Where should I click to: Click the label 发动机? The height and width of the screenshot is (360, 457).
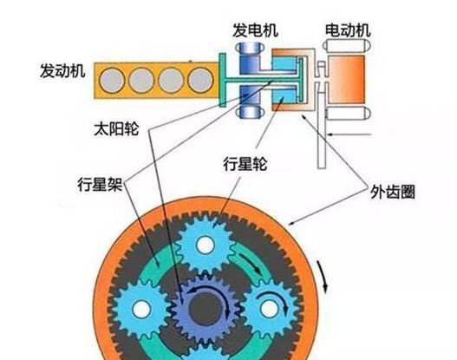coord(62,71)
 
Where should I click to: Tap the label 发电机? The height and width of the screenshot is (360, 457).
coord(255,30)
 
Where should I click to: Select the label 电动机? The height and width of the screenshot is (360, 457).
coord(348,30)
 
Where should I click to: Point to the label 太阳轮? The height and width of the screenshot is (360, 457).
coord(116,128)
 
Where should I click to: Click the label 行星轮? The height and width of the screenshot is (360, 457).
coord(245,164)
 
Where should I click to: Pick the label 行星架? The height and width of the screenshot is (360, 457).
coord(100,184)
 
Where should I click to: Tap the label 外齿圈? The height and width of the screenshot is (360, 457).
coord(392,192)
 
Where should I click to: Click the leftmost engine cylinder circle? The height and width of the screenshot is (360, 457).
coord(112,81)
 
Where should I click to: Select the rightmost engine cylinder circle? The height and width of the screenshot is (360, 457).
coord(201,80)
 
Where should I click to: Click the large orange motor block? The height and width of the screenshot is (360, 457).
coord(347,79)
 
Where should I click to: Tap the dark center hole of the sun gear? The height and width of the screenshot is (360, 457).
coord(204,309)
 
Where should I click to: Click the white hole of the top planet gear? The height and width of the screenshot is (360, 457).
coord(206,245)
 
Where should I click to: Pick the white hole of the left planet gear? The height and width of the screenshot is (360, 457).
coord(141,309)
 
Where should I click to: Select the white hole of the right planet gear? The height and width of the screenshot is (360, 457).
coord(270,309)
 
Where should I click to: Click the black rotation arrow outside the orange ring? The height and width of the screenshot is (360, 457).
coord(323,276)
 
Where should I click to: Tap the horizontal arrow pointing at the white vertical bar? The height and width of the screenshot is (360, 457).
coord(349,134)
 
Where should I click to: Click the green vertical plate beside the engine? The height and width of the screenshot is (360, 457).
coord(222,80)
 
